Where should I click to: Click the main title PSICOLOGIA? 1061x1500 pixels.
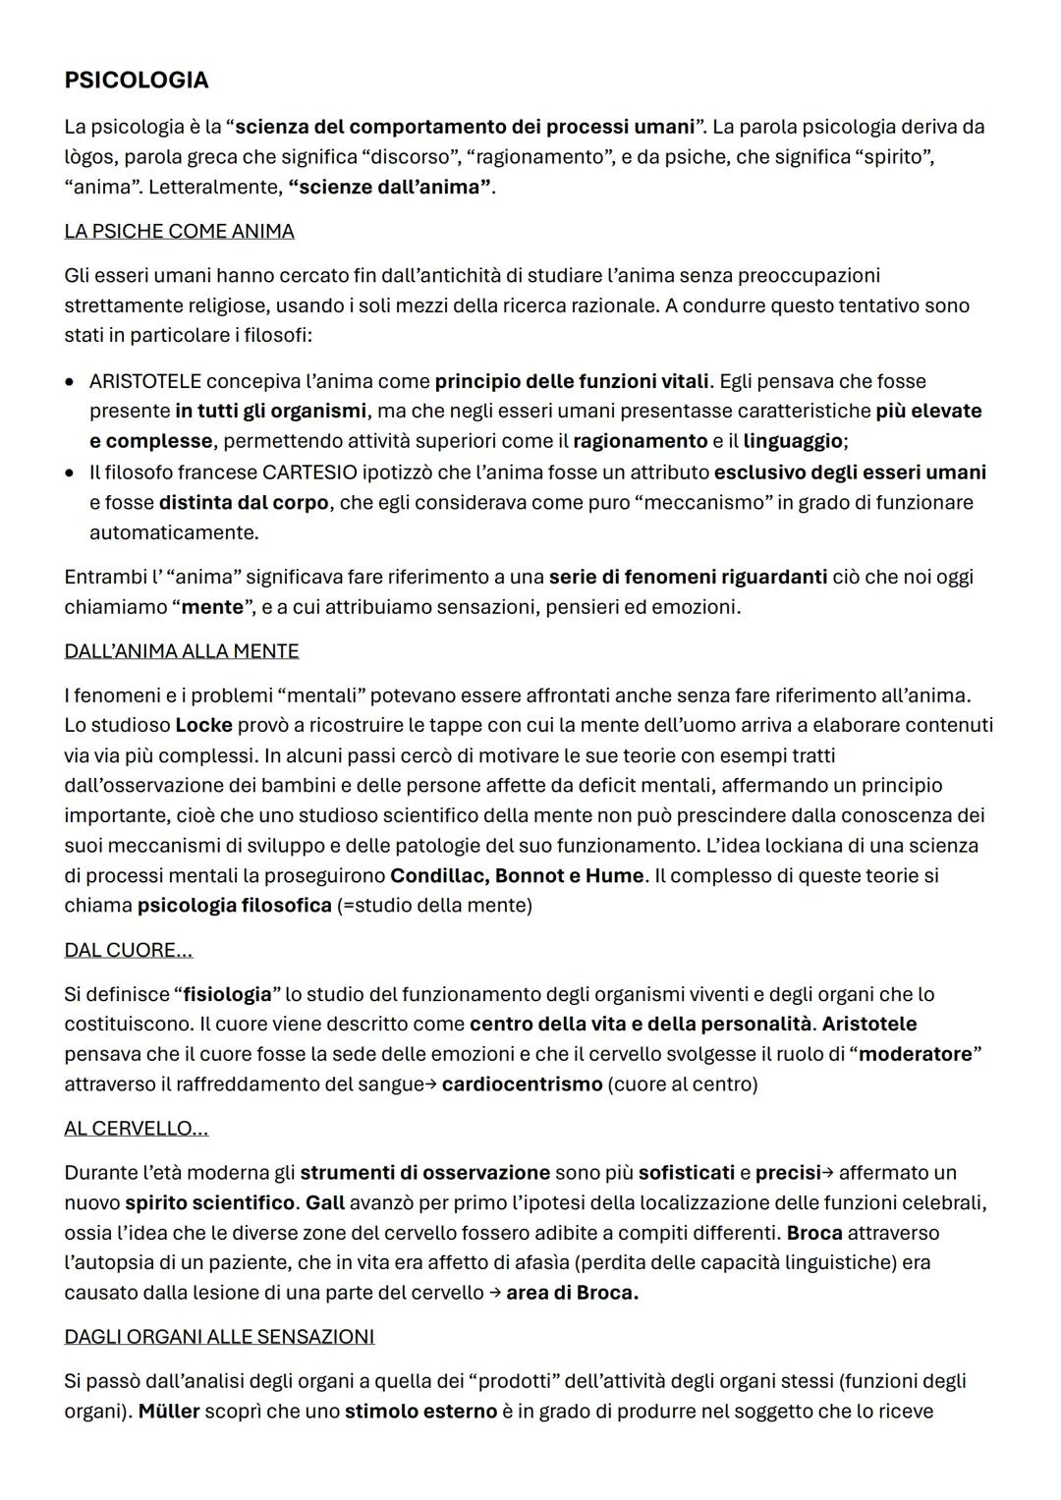(136, 80)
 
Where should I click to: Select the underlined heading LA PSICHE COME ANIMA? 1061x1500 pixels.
(179, 231)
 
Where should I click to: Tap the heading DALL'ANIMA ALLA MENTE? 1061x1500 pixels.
(182, 651)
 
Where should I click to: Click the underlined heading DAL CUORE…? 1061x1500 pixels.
(128, 950)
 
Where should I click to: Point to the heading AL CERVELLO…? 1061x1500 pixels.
(136, 1129)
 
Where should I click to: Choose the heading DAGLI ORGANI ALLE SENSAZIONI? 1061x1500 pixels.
(219, 1337)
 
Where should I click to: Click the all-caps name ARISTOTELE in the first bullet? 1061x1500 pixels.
(144, 381)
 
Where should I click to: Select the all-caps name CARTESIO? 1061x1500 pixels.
(310, 472)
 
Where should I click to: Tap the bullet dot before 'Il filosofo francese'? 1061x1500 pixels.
(69, 472)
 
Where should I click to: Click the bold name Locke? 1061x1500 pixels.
(203, 726)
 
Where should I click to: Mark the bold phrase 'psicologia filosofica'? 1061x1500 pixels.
(234, 905)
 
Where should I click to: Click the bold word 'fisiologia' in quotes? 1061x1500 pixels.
(227, 994)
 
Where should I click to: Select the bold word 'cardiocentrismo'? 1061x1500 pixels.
(522, 1084)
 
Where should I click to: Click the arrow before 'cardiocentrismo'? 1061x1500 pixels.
(429, 1084)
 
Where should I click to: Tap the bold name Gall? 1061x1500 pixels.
(325, 1202)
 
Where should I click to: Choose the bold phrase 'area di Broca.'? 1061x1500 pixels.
(572, 1293)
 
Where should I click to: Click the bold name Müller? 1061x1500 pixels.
(168, 1412)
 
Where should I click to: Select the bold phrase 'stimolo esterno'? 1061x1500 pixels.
(420, 1412)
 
